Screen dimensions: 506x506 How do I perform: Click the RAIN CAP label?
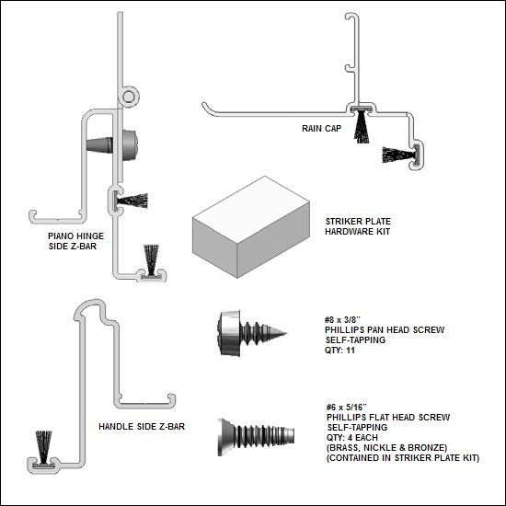tap(321, 129)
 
